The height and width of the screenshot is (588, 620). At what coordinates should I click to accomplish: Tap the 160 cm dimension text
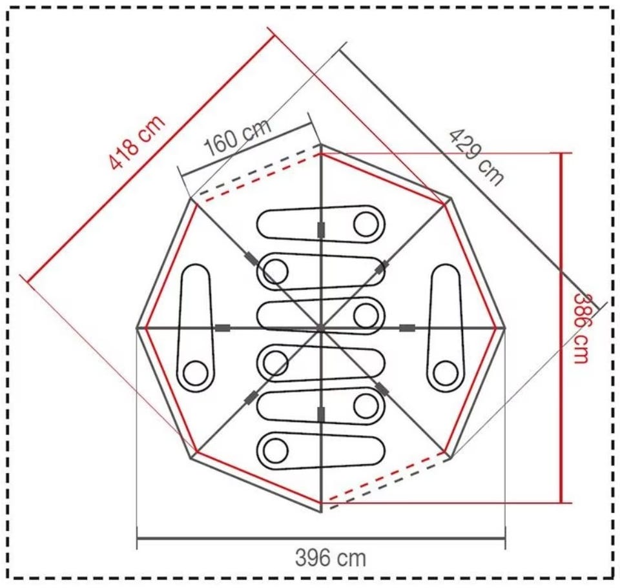tap(238, 137)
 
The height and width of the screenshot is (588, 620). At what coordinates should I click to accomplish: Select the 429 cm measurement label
tap(477, 157)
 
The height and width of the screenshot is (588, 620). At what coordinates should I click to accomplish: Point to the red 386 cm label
tap(581, 327)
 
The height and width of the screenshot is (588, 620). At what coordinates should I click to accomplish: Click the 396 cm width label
tap(331, 558)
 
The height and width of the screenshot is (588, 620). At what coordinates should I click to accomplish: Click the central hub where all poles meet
tap(321, 328)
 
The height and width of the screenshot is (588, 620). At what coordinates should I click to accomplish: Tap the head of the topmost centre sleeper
tap(366, 224)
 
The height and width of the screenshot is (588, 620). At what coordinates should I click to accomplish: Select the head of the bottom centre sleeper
tap(276, 451)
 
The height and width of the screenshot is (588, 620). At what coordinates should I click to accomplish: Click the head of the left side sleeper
tap(195, 373)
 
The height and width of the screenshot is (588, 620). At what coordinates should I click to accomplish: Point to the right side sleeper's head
tap(445, 373)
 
